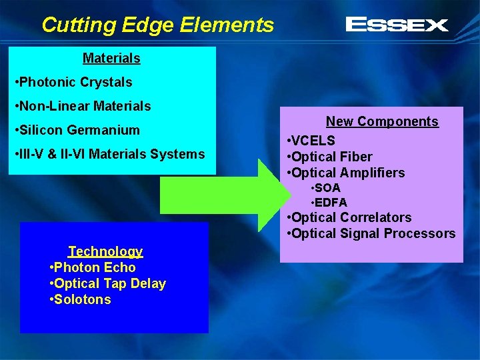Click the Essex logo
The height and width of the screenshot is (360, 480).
coord(397,25)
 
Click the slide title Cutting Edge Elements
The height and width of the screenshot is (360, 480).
coord(157,25)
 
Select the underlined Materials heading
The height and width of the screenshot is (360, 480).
coord(111,58)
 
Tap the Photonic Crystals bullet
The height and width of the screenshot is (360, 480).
coord(73,82)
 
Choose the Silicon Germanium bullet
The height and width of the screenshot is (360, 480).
coord(77,130)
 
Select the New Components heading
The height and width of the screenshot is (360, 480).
coord(382,121)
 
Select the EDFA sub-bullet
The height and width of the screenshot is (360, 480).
coord(329,202)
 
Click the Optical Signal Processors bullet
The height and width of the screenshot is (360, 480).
coord(371,233)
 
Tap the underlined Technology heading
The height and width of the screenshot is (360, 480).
coord(105,251)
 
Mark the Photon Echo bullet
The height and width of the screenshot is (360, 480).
coord(93,267)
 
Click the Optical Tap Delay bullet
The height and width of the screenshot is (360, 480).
coord(108,283)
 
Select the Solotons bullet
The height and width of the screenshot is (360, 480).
coord(81,299)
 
